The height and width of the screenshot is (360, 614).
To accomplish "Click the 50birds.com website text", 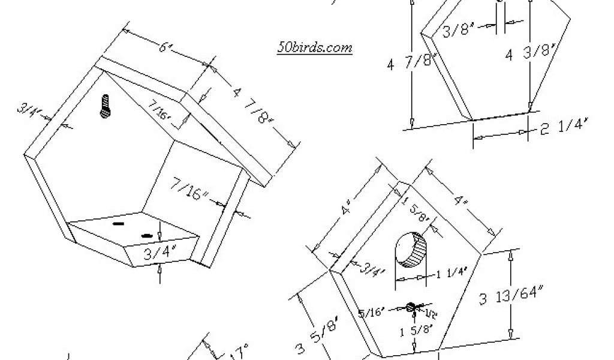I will (314, 48).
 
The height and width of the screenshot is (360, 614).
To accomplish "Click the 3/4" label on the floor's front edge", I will (155, 253).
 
